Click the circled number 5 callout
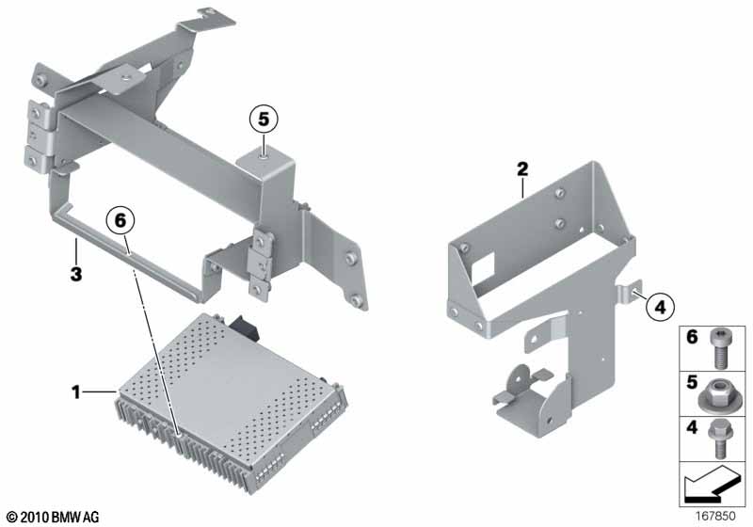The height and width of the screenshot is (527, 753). (264, 119)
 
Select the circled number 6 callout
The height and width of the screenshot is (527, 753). (120, 221)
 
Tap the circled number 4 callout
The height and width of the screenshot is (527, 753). (661, 307)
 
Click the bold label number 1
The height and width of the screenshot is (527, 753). (76, 392)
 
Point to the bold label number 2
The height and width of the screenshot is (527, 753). (522, 169)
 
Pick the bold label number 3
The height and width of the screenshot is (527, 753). (76, 275)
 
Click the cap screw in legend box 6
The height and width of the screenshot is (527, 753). (718, 349)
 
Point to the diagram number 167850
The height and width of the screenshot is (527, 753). (715, 517)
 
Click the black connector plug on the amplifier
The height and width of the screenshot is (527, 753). (243, 327)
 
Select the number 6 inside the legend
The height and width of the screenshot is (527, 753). (692, 337)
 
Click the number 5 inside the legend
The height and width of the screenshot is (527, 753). (692, 382)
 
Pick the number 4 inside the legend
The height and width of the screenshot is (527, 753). (692, 426)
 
